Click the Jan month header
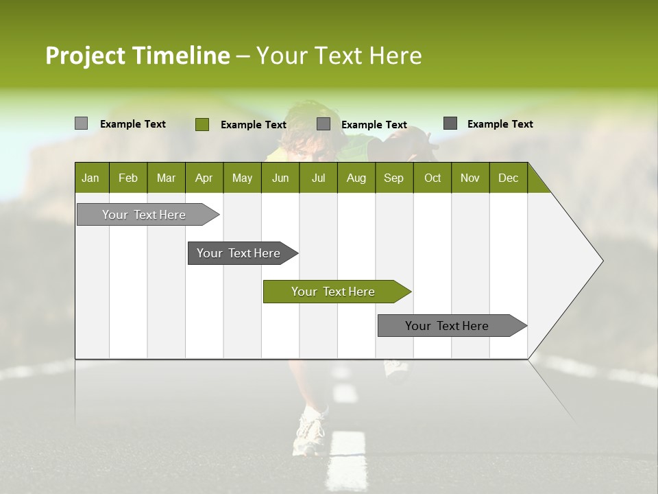pyautogui.click(x=90, y=178)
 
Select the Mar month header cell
pyautogui.click(x=166, y=178)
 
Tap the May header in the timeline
pyautogui.click(x=242, y=178)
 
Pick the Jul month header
pyautogui.click(x=318, y=178)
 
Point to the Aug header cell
pyautogui.click(x=356, y=178)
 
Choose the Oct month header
pyautogui.click(x=432, y=178)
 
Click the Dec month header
pyautogui.click(x=508, y=178)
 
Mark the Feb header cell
pyautogui.click(x=128, y=178)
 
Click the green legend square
pyautogui.click(x=202, y=124)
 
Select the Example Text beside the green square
pyautogui.click(x=253, y=124)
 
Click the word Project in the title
pyautogui.click(x=86, y=56)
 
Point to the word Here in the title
pyautogui.click(x=395, y=56)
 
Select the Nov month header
pyautogui.click(x=470, y=178)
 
